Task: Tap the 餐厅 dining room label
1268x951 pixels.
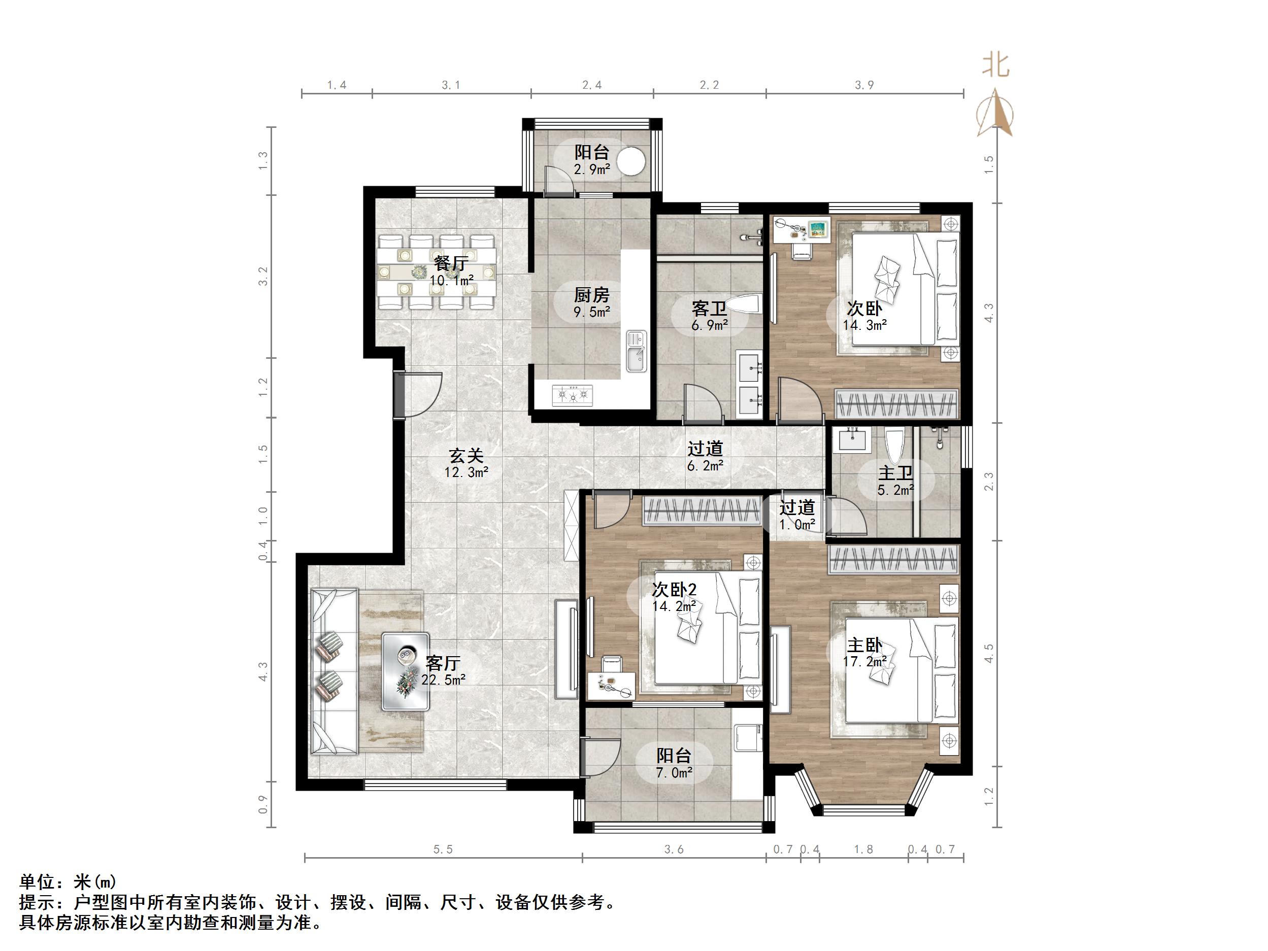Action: pos(451,264)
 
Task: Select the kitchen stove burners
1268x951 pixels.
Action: pos(572,395)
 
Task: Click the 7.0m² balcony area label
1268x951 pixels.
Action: pos(674,773)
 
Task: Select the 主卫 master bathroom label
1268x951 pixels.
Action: pos(895,473)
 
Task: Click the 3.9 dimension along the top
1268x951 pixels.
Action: pos(864,85)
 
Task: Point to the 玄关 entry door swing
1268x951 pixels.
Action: pos(421,394)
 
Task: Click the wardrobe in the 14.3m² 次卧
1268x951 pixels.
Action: pos(896,403)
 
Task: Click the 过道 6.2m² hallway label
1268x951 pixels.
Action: pos(705,457)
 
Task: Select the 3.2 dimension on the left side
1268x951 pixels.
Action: pos(263,276)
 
